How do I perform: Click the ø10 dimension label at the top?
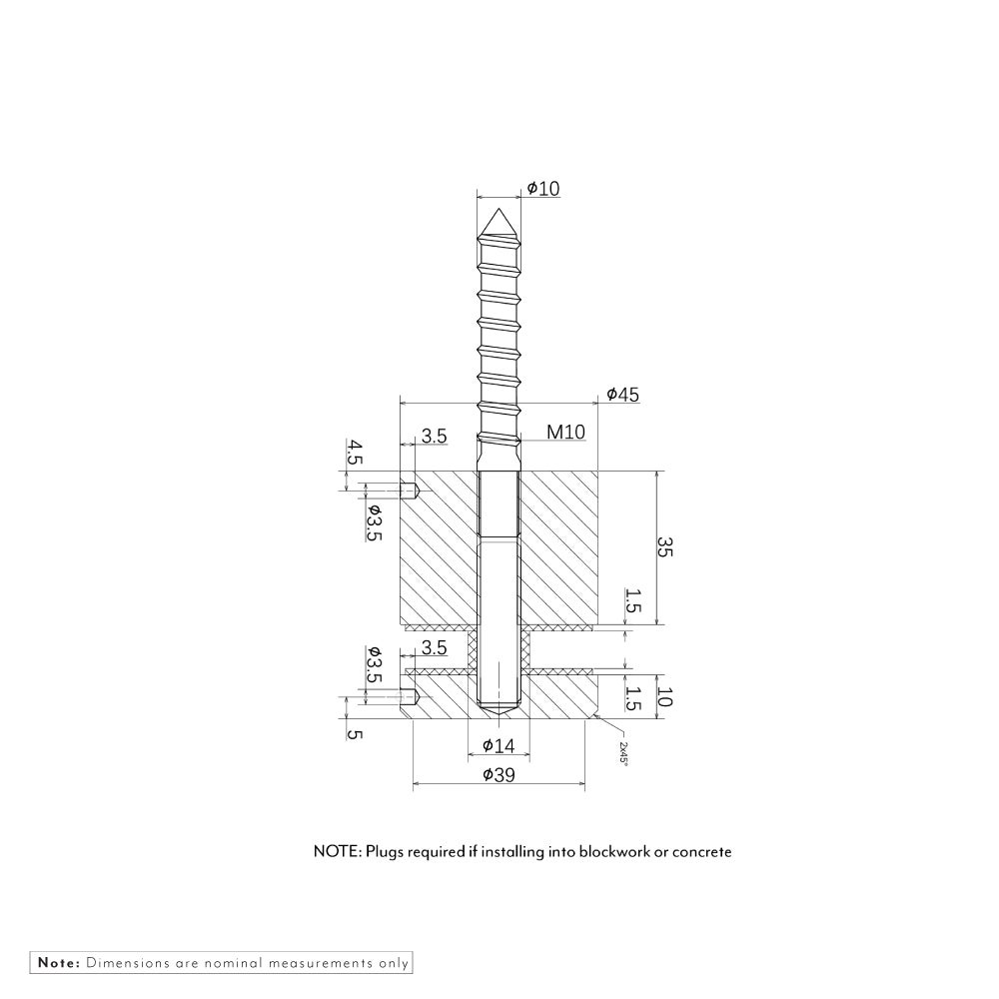[543, 189]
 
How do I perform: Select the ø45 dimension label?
[622, 395]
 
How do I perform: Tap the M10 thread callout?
[565, 432]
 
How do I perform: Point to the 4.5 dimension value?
[355, 452]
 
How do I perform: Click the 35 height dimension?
[664, 547]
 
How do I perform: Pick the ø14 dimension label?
[499, 745]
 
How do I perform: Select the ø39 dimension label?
[499, 775]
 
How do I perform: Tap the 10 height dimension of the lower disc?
[664, 697]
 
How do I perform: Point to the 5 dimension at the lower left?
[355, 734]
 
